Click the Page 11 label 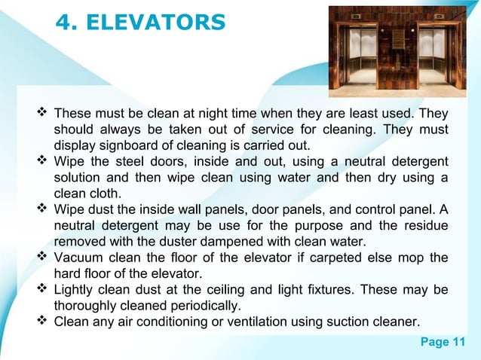443,343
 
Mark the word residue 425,226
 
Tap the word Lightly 76,290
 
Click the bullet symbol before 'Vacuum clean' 42,258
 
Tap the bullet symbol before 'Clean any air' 42,322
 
